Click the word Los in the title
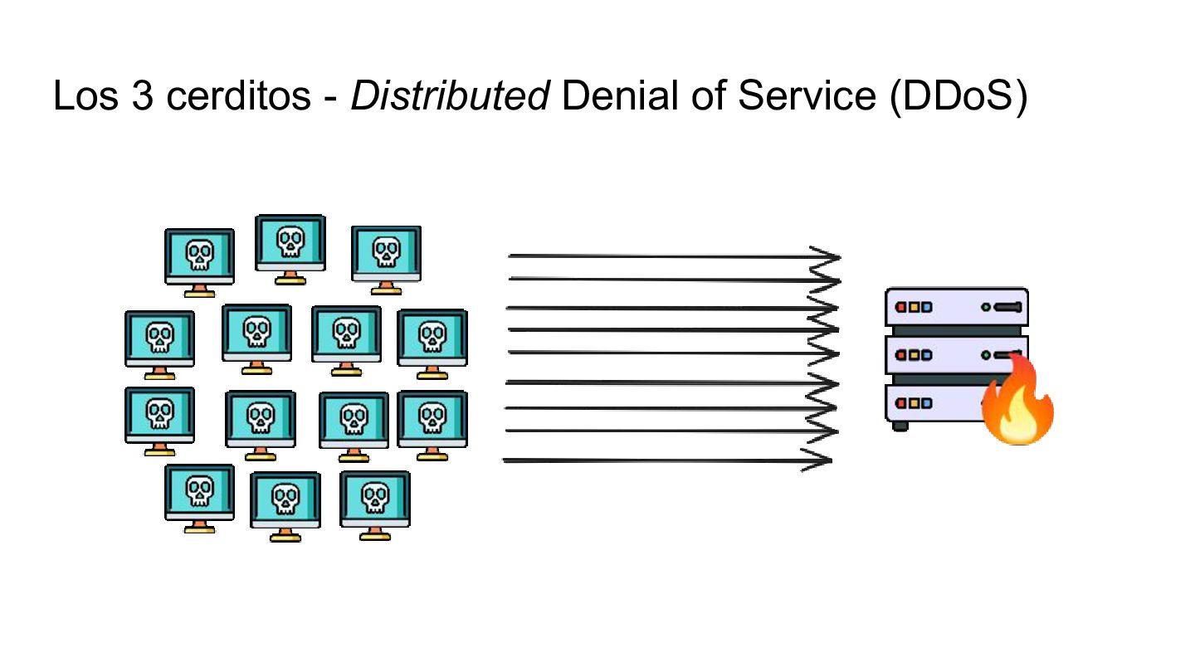coord(85,96)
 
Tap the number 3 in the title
coord(143,96)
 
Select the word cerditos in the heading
coord(238,96)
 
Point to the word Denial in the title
coord(619,96)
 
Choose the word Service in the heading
coord(807,96)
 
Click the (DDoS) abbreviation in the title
coord(958,97)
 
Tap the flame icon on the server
coord(1018,400)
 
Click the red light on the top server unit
coord(901,307)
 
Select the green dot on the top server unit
coord(986,307)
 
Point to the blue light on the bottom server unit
coord(927,403)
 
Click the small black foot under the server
coord(900,426)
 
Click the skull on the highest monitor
coord(290,241)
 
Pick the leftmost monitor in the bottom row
coord(199,499)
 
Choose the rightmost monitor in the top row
coord(386,261)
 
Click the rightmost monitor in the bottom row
coord(375,505)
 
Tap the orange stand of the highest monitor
coord(290,277)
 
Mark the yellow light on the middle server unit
coord(915,355)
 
